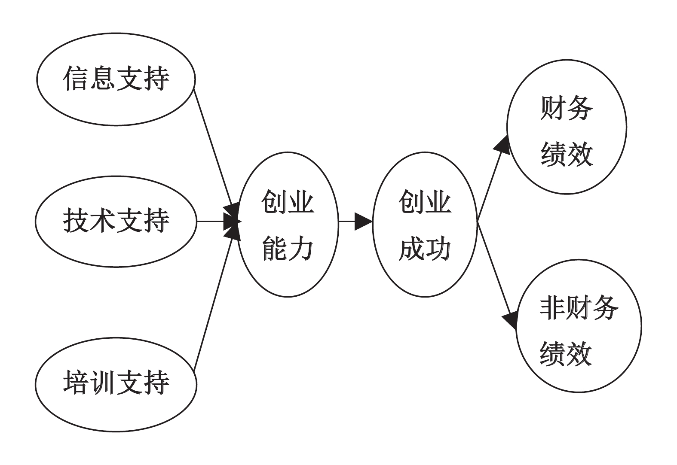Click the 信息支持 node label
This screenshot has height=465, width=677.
tap(116, 79)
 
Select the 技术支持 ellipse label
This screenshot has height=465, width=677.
tap(116, 221)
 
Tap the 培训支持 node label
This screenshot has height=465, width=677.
tap(116, 382)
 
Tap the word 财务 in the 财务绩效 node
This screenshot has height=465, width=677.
tap(567, 108)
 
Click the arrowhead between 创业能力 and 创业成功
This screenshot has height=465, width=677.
tap(363, 222)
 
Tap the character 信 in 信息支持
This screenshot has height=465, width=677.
tap(76, 79)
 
